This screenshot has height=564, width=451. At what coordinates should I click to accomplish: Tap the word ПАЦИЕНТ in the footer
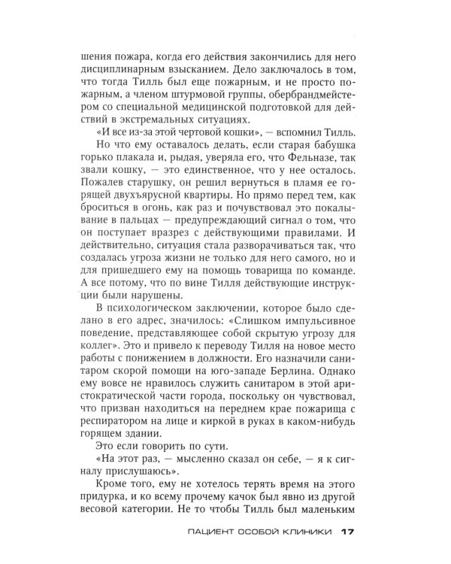point(213,533)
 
